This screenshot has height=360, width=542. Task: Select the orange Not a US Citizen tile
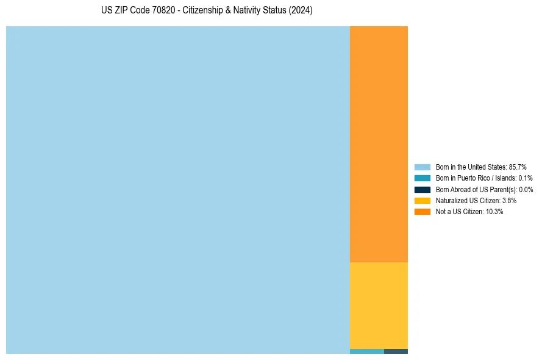tap(379, 144)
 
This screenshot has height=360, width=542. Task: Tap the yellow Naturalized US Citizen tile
tap(379, 305)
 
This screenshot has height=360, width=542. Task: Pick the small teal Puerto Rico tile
tap(366, 351)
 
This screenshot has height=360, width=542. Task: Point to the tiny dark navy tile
tap(396, 351)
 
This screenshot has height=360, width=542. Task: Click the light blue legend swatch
tap(422, 167)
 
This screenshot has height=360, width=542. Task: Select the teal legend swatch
tap(422, 178)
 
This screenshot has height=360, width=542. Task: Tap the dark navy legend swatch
tap(422, 190)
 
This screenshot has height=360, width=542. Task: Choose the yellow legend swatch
tap(422, 201)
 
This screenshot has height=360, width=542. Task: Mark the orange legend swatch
tap(422, 212)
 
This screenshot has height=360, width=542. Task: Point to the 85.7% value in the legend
tap(518, 167)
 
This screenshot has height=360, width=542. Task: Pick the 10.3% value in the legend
tap(494, 212)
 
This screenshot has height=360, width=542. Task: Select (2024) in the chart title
tap(301, 11)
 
